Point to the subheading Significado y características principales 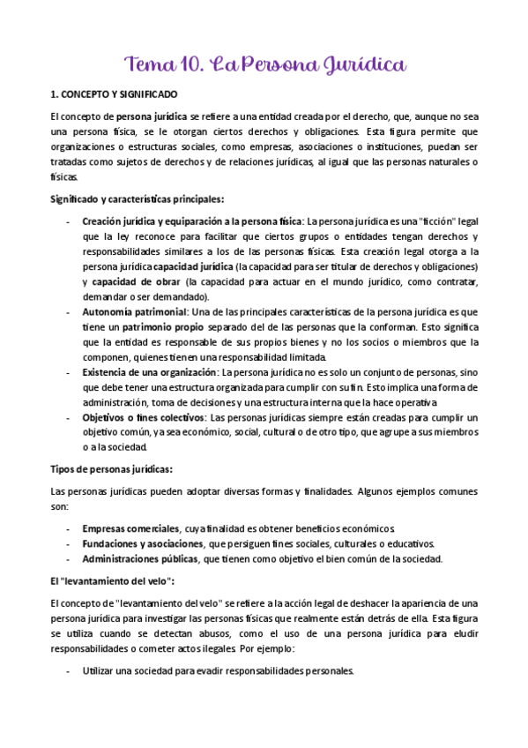coord(137,198)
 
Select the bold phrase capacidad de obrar coord(129,282)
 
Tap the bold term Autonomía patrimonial coord(134,312)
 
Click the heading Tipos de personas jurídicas coord(111,468)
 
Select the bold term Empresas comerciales coord(130,528)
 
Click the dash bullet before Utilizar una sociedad coord(70,670)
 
